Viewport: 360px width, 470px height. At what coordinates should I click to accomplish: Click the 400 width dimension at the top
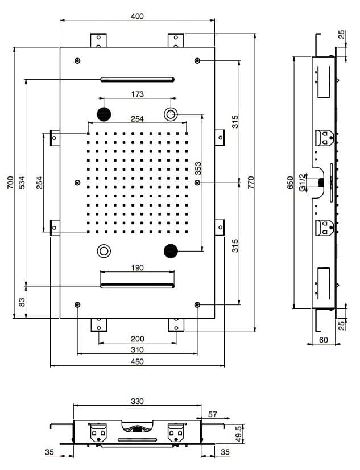137,16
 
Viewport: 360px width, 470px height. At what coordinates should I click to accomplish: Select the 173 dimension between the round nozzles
137,94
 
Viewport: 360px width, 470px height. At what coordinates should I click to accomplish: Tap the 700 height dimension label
10,183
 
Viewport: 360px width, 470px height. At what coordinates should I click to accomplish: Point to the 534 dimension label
22,183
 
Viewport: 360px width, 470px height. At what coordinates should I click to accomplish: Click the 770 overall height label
251,183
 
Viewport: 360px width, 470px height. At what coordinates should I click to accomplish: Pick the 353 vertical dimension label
198,168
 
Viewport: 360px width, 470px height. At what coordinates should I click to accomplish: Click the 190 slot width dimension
137,267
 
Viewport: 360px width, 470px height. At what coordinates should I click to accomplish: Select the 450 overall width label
137,361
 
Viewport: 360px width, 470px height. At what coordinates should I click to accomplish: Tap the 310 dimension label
137,349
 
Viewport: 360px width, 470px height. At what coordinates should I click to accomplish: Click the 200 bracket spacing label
137,339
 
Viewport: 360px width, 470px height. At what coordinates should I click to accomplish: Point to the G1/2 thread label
303,183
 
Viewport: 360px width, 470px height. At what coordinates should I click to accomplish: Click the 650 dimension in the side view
290,183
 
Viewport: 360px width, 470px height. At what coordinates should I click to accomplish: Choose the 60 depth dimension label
324,340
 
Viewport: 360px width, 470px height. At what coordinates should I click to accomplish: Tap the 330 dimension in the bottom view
137,401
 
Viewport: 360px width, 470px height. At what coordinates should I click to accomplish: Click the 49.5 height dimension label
238,434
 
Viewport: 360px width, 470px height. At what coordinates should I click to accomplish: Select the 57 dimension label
212,414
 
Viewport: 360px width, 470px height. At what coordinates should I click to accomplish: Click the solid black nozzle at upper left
104,114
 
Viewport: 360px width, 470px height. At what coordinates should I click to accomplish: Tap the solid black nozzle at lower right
171,251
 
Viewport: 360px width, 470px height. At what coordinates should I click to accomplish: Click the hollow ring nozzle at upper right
171,114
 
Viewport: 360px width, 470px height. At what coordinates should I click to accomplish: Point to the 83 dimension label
22,302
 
